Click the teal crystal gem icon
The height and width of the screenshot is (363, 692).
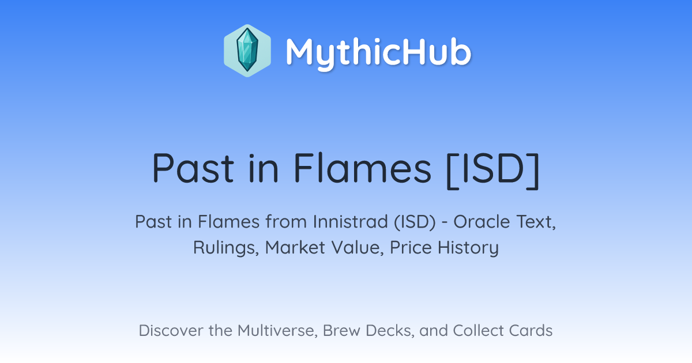(247, 50)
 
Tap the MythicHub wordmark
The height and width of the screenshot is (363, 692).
(378, 53)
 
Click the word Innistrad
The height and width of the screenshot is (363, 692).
(351, 221)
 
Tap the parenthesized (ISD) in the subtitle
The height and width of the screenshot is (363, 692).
(415, 222)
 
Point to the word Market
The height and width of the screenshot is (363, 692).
(295, 247)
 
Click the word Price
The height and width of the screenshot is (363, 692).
(411, 247)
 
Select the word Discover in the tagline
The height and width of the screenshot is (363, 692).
(171, 330)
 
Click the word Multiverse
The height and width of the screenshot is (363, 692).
(278, 331)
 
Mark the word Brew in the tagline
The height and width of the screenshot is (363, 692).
(341, 331)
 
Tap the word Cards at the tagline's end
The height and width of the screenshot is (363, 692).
(531, 330)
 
